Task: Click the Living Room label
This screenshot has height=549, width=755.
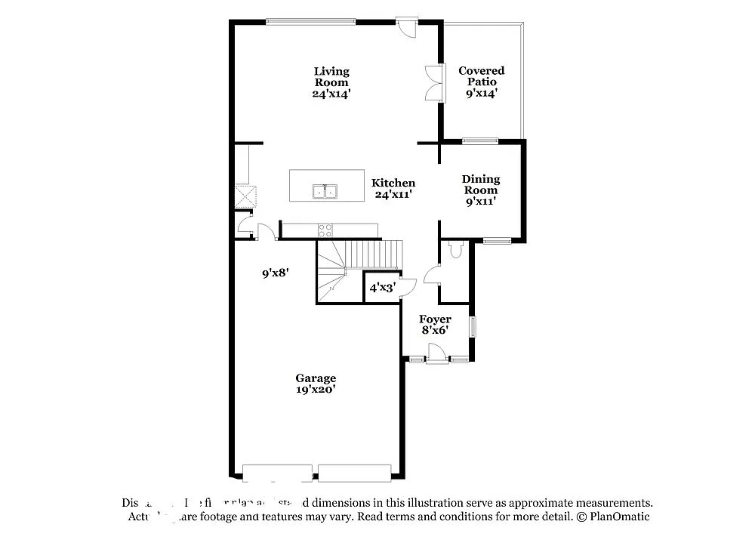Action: pyautogui.click(x=331, y=82)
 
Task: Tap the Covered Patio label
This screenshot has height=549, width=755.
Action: pyautogui.click(x=482, y=82)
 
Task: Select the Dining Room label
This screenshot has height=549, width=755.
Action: pyautogui.click(x=481, y=190)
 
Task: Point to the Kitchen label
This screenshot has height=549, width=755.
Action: pyautogui.click(x=393, y=188)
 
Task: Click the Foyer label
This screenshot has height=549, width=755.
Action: pyautogui.click(x=435, y=325)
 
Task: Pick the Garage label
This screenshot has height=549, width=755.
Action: pyautogui.click(x=316, y=384)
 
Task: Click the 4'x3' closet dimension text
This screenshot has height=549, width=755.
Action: pyautogui.click(x=382, y=288)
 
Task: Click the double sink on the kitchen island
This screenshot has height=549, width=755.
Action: pyautogui.click(x=325, y=192)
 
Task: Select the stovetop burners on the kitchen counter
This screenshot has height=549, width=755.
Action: pyautogui.click(x=325, y=230)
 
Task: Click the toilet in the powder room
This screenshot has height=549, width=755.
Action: pyautogui.click(x=455, y=250)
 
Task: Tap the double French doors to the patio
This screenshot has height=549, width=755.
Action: pyautogui.click(x=433, y=83)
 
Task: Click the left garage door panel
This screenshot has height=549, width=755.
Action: pyautogui.click(x=277, y=473)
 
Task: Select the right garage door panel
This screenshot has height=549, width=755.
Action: pyautogui.click(x=354, y=473)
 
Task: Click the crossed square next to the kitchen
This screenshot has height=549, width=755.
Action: pyautogui.click(x=246, y=196)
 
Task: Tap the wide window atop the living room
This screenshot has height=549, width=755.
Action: pyautogui.click(x=310, y=21)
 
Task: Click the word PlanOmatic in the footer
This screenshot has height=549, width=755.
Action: pyautogui.click(x=619, y=517)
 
